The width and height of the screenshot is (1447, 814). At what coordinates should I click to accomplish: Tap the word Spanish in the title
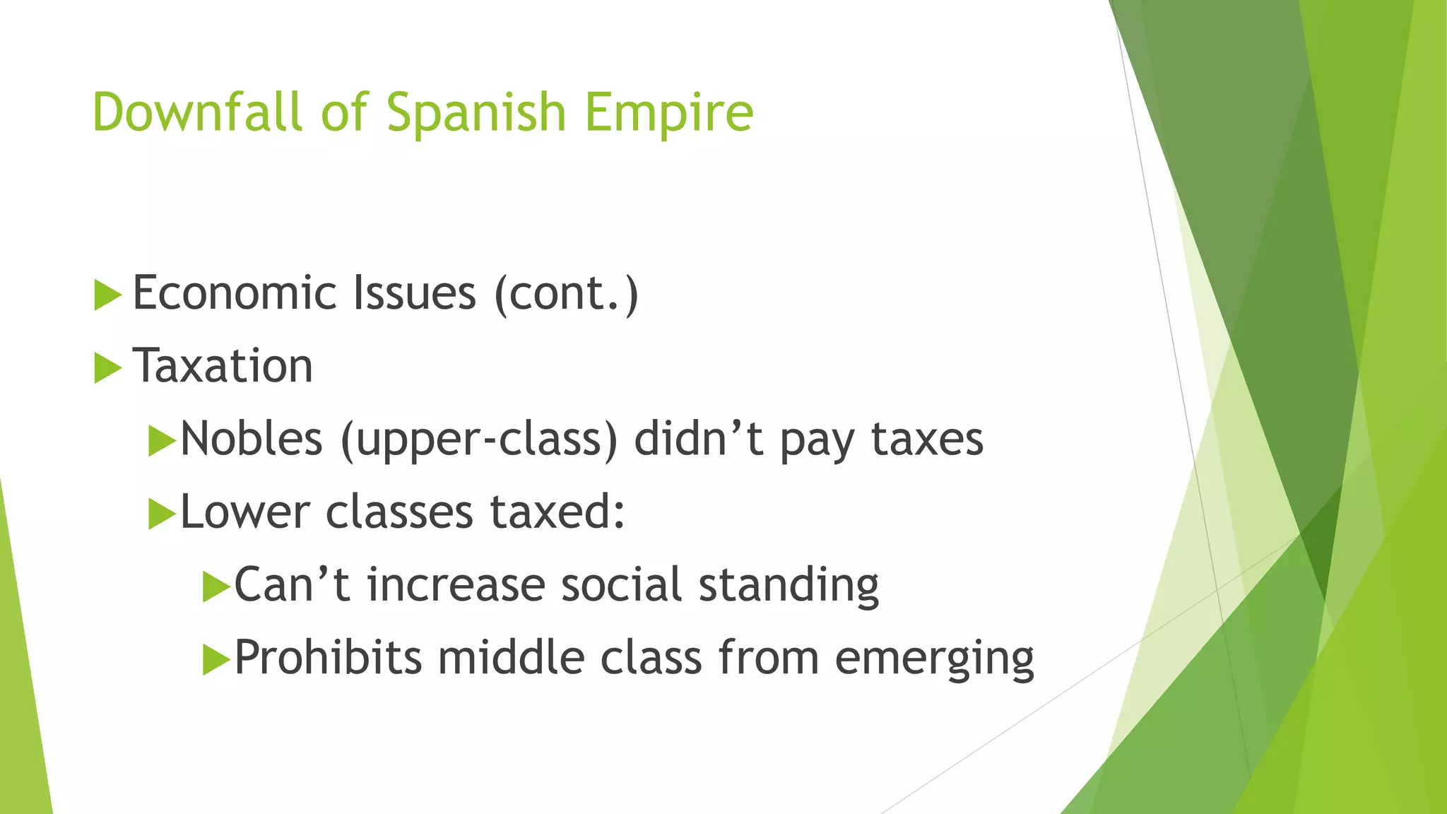click(x=476, y=113)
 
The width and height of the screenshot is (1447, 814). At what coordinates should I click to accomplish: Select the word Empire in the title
click(x=669, y=113)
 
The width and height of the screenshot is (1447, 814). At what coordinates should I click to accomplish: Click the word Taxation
click(x=223, y=366)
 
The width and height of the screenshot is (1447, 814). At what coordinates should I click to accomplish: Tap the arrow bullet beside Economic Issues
click(x=107, y=295)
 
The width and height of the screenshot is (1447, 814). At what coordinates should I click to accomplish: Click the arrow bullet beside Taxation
click(x=107, y=368)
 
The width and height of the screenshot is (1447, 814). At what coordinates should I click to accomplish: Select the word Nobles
click(x=252, y=439)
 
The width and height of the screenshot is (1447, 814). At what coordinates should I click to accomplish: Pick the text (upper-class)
click(x=479, y=440)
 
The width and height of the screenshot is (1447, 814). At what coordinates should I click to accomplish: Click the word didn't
click(x=698, y=439)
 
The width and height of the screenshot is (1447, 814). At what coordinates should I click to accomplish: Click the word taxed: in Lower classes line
click(x=557, y=512)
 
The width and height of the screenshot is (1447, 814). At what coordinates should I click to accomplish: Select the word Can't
click(x=292, y=585)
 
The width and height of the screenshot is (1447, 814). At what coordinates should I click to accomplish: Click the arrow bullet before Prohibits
click(x=216, y=660)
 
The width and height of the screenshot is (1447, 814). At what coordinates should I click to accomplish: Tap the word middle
click(x=511, y=658)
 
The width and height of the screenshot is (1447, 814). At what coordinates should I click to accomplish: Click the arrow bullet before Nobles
click(x=162, y=442)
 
